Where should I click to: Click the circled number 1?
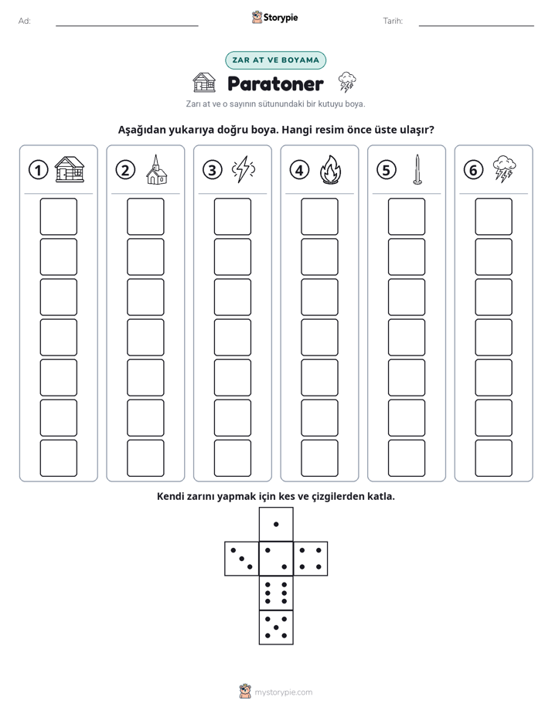[x=38, y=170]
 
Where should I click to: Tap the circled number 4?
[x=299, y=170]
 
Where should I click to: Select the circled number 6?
[x=473, y=170]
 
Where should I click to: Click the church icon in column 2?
[x=157, y=169]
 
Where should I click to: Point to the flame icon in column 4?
[x=331, y=169]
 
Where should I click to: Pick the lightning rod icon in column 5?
[x=417, y=169]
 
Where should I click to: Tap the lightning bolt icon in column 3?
[x=244, y=169]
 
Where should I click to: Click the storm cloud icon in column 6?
[x=505, y=169]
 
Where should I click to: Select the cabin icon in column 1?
[x=70, y=169]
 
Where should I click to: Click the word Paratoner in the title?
[x=275, y=83]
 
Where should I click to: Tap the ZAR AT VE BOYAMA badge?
[x=275, y=60]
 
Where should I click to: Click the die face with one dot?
[x=276, y=524]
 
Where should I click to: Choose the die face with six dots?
[x=276, y=593]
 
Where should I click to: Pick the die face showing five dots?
[x=276, y=627]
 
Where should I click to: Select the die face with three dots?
[x=241, y=559]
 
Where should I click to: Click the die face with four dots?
[x=311, y=559]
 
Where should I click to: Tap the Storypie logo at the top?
[x=274, y=18]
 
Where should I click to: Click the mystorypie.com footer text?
[x=283, y=692]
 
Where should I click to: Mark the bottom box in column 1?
[x=58, y=458]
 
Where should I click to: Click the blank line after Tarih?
[x=476, y=25]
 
